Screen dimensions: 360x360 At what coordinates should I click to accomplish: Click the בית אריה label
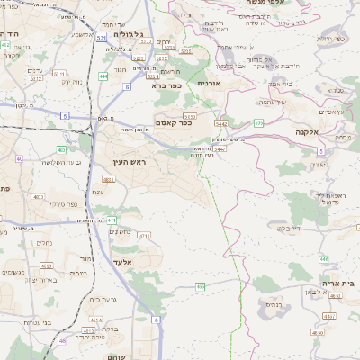[337, 283]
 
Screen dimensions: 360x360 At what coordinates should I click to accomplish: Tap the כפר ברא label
[166, 85]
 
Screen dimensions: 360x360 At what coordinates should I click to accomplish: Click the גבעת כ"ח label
[103, 298]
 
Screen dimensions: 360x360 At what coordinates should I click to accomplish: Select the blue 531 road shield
[101, 39]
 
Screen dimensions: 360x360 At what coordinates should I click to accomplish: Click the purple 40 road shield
[19, 158]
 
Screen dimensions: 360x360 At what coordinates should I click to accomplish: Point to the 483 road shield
[108, 180]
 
